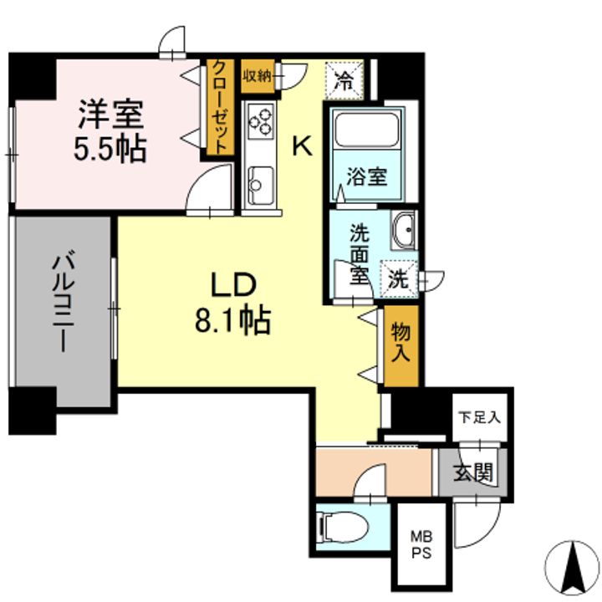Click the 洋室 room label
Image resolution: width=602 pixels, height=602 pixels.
pos(110,113)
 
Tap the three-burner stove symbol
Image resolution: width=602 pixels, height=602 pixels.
pos(260,122)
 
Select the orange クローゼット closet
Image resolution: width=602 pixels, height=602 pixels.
pos(219,107)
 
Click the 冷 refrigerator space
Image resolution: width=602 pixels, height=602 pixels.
pos(344,80)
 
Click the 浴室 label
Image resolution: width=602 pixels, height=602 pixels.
pos(367,177)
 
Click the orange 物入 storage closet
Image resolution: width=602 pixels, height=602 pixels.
pos(400,344)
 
